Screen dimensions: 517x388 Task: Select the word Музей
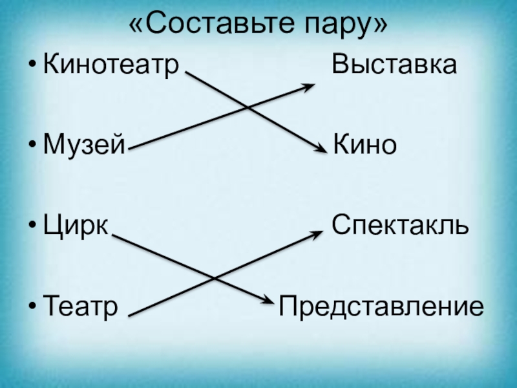pyautogui.click(x=83, y=145)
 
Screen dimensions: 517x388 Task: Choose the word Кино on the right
pyautogui.click(x=364, y=145)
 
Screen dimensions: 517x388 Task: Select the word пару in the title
pyautogui.click(x=341, y=26)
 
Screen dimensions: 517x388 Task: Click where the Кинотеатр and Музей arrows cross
pyautogui.click(x=246, y=107)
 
